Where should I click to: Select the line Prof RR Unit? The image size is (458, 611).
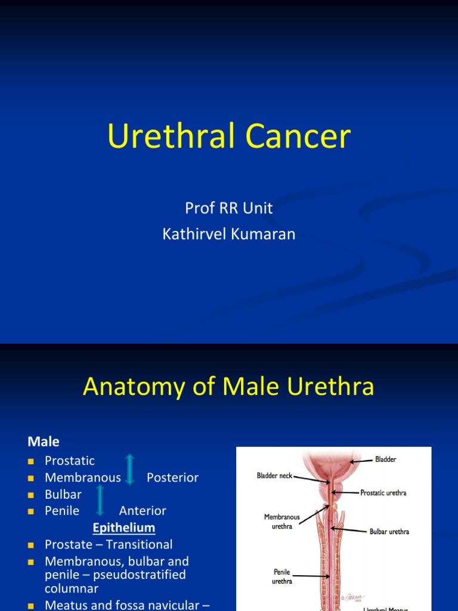coord(229,208)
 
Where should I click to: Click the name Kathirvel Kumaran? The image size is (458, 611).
coord(229,234)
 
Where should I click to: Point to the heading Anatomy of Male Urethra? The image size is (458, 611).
coord(228,387)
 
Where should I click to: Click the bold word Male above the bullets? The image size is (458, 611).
coord(44,442)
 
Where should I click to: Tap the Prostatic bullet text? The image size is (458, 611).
coord(70,461)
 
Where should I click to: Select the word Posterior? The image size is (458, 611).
coord(172,477)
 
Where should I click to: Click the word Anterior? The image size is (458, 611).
coord(143,511)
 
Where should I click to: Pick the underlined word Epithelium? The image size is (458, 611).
coord(124,527)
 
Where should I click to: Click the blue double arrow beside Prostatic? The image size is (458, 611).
coord(130,469)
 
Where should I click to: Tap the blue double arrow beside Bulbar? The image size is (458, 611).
coord(100,500)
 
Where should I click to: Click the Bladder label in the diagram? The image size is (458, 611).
coord(385,460)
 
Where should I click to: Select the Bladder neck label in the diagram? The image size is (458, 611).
coord(274,476)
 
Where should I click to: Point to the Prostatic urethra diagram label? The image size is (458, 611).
coord(383,493)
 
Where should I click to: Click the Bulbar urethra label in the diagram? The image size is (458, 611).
coord(389,532)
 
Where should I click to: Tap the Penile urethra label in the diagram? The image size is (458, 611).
coord(281,576)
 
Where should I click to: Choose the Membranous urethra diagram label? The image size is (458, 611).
coord(281,521)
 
